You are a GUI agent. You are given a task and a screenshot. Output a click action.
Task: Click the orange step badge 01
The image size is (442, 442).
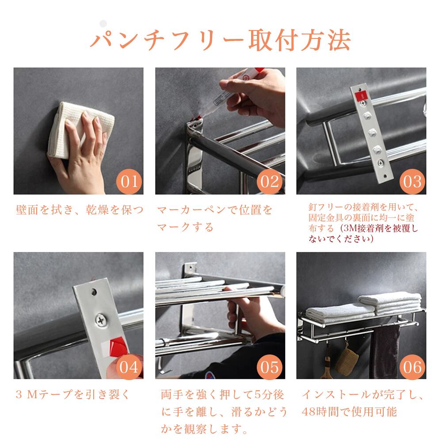pos(130,181)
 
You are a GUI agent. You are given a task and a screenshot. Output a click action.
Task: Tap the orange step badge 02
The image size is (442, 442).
pos(270,181)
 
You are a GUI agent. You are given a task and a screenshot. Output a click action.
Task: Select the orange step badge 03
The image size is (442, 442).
pos(412,181)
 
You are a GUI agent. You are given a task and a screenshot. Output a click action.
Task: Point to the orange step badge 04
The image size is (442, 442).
pos(130,367)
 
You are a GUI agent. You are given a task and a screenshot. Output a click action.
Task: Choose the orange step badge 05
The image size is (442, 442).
pos(270,367)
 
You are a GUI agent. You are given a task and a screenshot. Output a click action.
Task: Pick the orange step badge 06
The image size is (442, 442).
pos(412,367)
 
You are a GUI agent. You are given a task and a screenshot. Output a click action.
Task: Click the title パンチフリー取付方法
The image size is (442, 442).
pos(221,40)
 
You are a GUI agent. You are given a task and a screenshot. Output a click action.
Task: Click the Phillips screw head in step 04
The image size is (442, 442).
pos(101,320)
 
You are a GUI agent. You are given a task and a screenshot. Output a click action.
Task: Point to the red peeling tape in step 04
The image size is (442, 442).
pos(118,347)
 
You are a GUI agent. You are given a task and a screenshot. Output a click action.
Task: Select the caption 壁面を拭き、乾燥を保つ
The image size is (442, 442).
pos(80,210)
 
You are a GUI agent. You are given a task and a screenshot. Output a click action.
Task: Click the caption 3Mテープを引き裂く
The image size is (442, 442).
pos(73,394)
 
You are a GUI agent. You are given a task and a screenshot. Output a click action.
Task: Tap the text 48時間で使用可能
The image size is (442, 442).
pos(349,412)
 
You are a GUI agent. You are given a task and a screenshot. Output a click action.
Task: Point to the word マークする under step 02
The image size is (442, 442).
pos(185,227)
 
